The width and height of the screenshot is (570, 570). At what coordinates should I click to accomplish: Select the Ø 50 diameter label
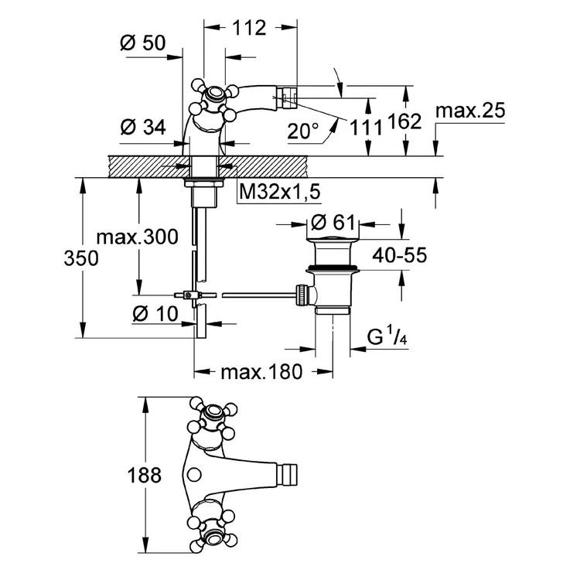143,44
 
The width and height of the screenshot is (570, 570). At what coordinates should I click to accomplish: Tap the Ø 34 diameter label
143,128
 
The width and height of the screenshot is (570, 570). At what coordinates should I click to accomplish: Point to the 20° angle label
302,131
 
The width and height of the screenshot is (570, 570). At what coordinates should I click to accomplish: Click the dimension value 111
363,128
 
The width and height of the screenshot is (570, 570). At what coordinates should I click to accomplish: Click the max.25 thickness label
469,111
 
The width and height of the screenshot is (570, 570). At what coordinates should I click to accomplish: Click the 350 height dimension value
81,258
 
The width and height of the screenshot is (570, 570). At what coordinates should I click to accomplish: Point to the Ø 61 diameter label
333,224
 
